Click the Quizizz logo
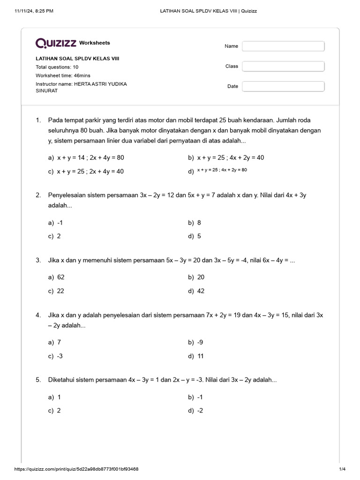(56, 43)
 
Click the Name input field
(283, 46)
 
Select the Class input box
(283, 66)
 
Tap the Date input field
(283, 86)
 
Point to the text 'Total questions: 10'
(57, 67)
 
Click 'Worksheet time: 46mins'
(63, 75)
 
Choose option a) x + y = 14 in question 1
(86, 157)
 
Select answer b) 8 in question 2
(195, 223)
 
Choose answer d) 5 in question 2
(195, 236)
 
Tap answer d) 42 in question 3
(196, 291)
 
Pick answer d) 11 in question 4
(196, 356)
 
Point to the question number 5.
(38, 379)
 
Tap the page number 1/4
(342, 469)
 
